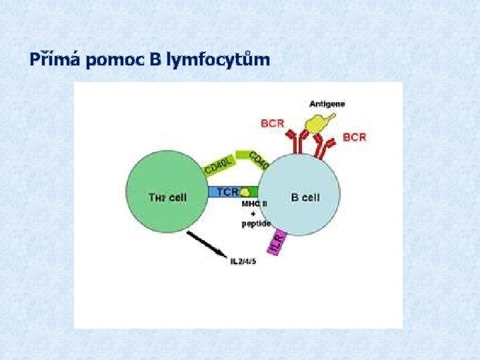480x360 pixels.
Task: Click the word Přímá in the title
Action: point(53,60)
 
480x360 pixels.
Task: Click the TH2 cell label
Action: point(167,197)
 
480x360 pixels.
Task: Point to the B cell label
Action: point(305,197)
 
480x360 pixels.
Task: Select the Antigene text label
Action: point(327,104)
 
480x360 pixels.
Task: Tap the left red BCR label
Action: point(272,123)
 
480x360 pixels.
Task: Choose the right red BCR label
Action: point(354,137)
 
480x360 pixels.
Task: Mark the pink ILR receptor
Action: point(277,242)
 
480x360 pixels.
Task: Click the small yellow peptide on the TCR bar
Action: point(245,192)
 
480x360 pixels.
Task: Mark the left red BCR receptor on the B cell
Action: point(295,141)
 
